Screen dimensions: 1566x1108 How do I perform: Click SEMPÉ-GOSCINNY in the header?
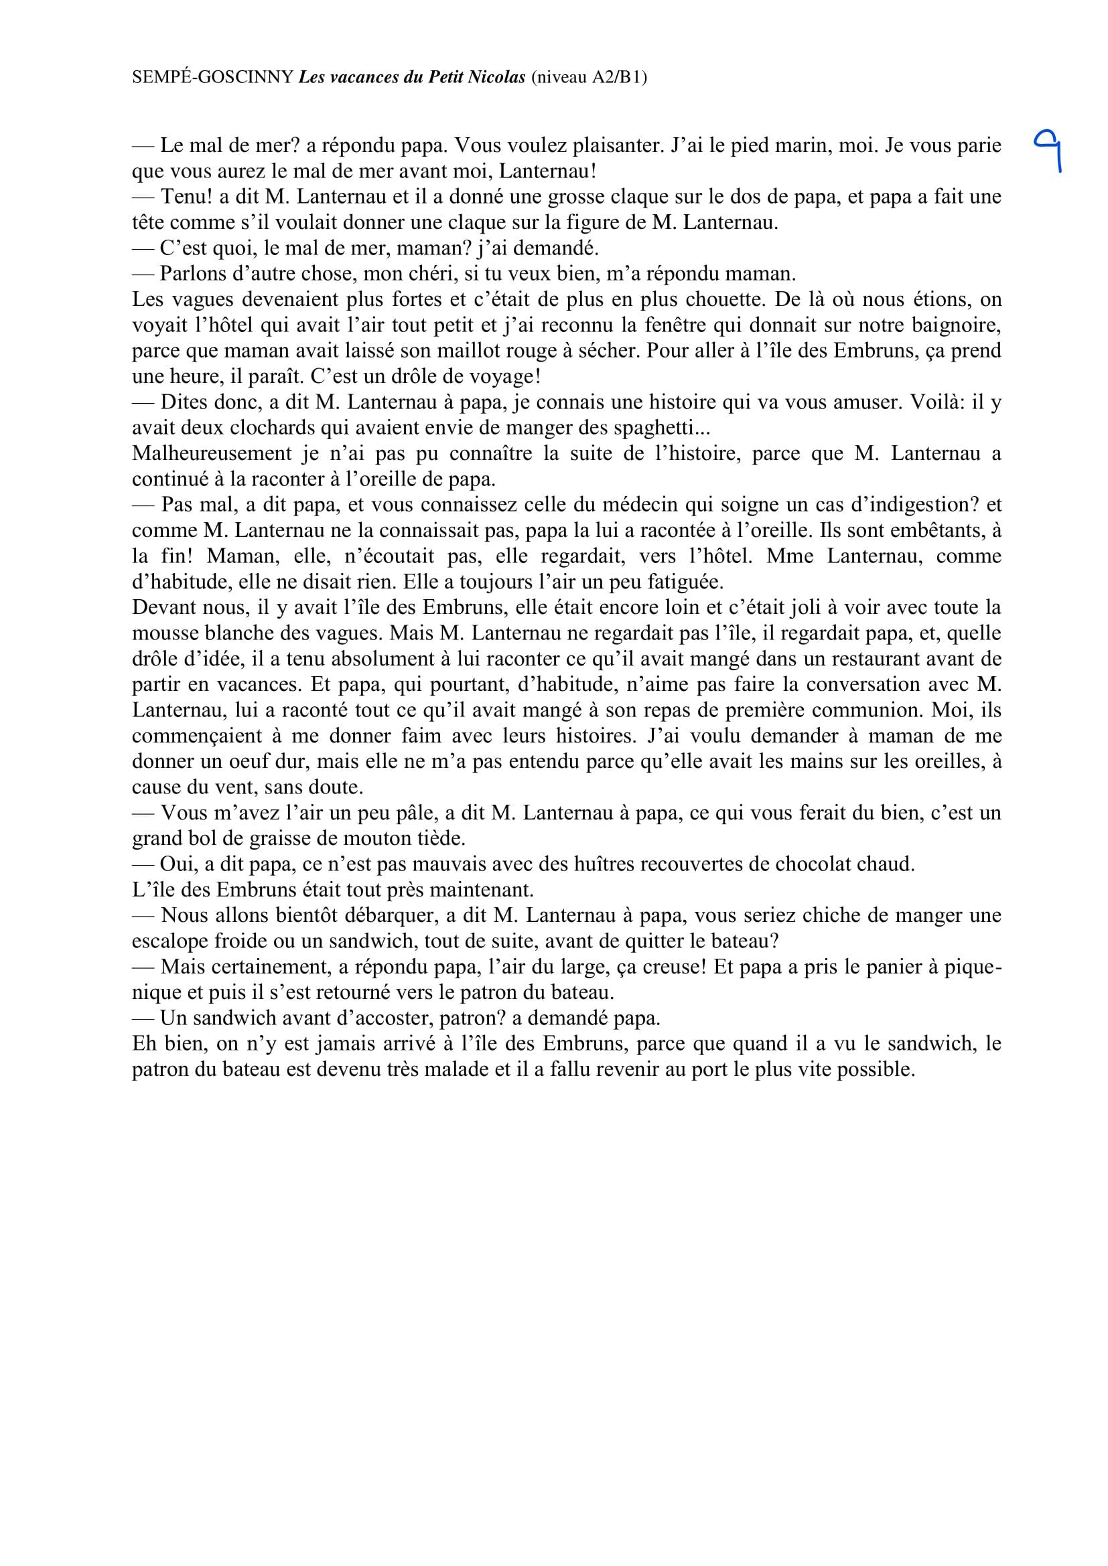[212, 78]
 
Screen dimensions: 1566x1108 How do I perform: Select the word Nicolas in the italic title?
[496, 78]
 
